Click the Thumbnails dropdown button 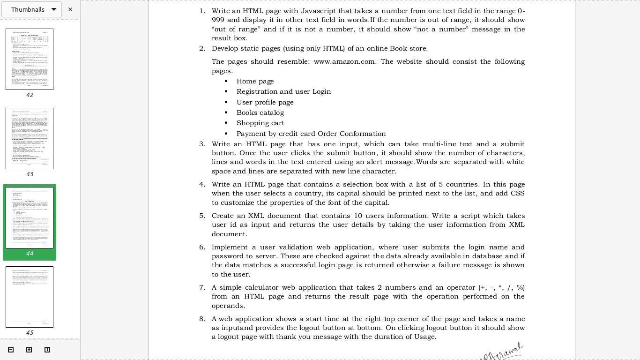pyautogui.click(x=32, y=9)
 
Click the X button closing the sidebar pyautogui.click(x=70, y=9)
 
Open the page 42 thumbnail pyautogui.click(x=30, y=59)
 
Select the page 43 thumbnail pyautogui.click(x=30, y=138)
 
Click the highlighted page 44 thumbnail pyautogui.click(x=30, y=217)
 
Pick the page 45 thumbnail pyautogui.click(x=30, y=297)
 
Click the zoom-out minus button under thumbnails pyautogui.click(x=11, y=350)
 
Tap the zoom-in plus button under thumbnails pyautogui.click(x=29, y=350)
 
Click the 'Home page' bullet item pyautogui.click(x=255, y=81)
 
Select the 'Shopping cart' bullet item pyautogui.click(x=260, y=123)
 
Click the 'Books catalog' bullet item pyautogui.click(x=260, y=112)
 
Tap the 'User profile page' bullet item pyautogui.click(x=265, y=102)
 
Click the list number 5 pyautogui.click(x=202, y=216)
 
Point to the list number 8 pyautogui.click(x=202, y=319)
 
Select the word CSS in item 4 pyautogui.click(x=518, y=193)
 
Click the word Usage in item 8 pyautogui.click(x=424, y=337)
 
